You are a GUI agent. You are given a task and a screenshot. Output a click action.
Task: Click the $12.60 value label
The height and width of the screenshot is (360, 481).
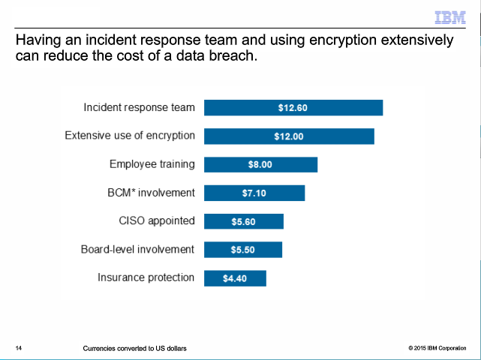tap(293, 108)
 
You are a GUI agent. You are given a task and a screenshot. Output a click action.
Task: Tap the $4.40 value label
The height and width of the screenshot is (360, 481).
tap(235, 279)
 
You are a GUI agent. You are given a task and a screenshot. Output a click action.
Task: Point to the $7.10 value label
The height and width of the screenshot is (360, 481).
tap(254, 193)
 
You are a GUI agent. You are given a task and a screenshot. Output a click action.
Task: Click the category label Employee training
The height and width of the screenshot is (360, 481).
tap(152, 164)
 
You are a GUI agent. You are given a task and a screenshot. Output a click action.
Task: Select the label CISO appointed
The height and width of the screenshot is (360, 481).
tap(157, 220)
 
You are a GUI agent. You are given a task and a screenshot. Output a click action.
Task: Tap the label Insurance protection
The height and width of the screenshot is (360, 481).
tap(146, 277)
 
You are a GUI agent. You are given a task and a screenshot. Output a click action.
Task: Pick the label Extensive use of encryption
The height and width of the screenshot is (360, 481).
tap(130, 136)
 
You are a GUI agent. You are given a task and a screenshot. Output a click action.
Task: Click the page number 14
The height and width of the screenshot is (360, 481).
tap(19, 349)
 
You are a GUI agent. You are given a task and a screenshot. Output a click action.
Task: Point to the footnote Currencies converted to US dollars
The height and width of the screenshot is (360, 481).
tap(135, 349)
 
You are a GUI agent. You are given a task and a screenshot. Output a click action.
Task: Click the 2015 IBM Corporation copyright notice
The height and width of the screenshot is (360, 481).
tap(437, 349)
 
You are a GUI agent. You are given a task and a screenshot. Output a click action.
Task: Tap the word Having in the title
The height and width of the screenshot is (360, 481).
tap(39, 40)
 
